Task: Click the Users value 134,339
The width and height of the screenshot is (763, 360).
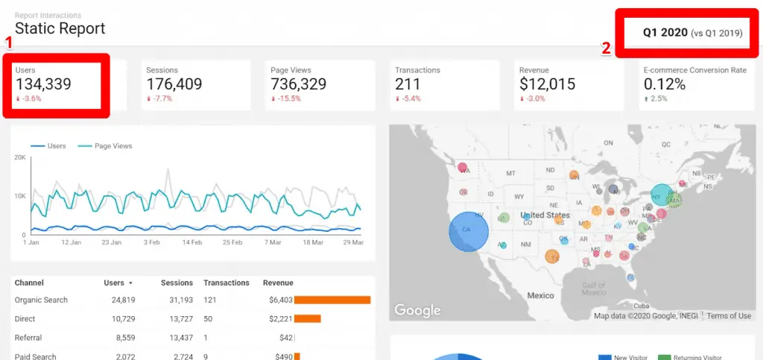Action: pos(43,84)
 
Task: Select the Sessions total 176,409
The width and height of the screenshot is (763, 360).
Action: pos(174,84)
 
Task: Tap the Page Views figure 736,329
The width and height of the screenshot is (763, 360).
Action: pos(299,84)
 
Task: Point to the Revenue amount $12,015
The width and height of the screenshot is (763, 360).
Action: pos(547,84)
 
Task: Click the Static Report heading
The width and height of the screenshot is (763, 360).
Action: pos(60,29)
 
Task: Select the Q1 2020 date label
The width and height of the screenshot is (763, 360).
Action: pos(665,32)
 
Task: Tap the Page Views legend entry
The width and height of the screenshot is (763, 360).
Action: pos(113,146)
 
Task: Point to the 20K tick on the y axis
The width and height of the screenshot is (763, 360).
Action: pos(20,158)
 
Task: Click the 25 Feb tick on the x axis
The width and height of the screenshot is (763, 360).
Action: pos(232,242)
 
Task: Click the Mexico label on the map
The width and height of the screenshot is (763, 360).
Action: pos(540,295)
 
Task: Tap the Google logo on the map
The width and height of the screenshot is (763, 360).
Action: pos(417,309)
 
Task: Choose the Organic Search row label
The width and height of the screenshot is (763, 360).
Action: pos(41,300)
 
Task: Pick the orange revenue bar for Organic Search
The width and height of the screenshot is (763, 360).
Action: pos(332,300)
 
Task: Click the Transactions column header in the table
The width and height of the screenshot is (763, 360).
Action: pos(227,282)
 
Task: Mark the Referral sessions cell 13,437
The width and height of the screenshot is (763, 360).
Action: pos(177,338)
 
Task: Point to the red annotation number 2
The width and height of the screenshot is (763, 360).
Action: pos(607,48)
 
